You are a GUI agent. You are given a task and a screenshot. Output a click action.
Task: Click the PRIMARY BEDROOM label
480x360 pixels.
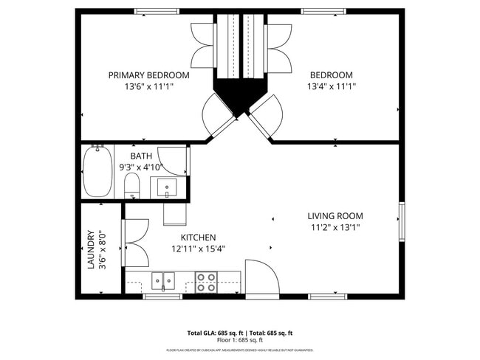148,75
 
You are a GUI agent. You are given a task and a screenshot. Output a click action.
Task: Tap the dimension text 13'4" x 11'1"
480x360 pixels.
331,86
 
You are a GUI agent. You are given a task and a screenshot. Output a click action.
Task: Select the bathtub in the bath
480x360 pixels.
97,171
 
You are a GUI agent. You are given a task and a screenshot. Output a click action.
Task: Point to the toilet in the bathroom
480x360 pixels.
132,185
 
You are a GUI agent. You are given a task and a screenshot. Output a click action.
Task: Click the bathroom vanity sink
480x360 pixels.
168,188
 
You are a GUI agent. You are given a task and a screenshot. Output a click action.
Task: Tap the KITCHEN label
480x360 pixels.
198,238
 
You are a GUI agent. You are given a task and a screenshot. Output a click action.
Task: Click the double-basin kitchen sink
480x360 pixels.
163,280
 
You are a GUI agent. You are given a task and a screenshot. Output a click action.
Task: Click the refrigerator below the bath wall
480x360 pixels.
174,212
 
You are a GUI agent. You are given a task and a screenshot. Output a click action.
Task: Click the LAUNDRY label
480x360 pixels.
92,249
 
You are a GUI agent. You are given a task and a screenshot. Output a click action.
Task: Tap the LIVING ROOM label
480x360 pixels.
335,216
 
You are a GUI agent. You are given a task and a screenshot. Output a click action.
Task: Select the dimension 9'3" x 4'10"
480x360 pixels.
140,167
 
